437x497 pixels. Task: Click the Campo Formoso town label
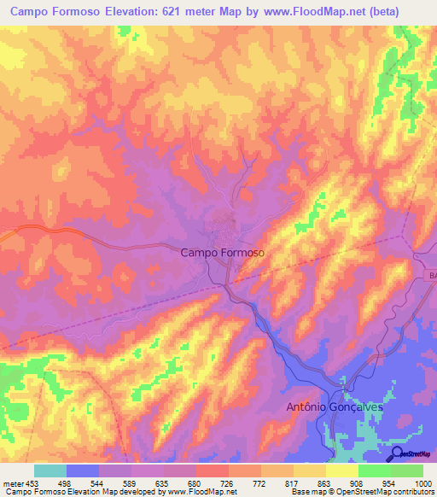coord(223,253)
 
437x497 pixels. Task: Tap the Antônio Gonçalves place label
coord(335,407)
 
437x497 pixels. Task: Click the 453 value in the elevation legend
coord(32,482)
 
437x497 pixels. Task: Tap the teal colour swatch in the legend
coord(50,471)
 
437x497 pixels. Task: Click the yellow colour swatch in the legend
coord(341,471)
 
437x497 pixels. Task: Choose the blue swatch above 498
coord(82,471)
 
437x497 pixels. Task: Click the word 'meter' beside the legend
coord(11,482)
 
